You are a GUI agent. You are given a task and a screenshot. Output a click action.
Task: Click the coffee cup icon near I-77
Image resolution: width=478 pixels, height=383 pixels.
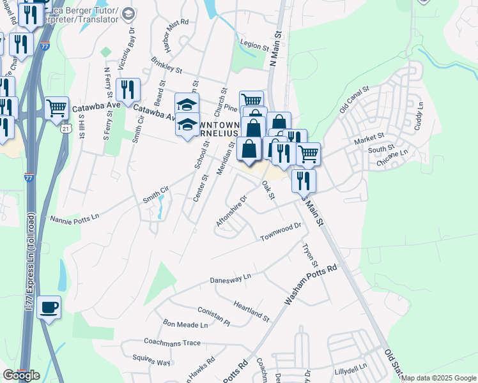tap(49, 308)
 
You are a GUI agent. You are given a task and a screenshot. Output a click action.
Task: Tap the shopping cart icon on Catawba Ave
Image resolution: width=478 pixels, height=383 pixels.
tap(57, 108)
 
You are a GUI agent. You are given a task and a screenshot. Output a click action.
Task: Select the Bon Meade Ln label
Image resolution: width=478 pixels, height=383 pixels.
tap(185, 325)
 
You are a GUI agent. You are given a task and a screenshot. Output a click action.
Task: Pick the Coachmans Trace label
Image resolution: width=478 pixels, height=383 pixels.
tap(173, 343)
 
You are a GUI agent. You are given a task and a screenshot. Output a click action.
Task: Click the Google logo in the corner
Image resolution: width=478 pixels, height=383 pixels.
tap(21, 375)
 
